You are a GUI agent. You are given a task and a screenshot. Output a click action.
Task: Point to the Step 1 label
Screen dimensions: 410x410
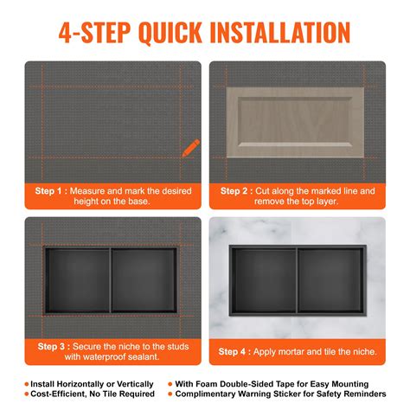pos(49,190)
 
